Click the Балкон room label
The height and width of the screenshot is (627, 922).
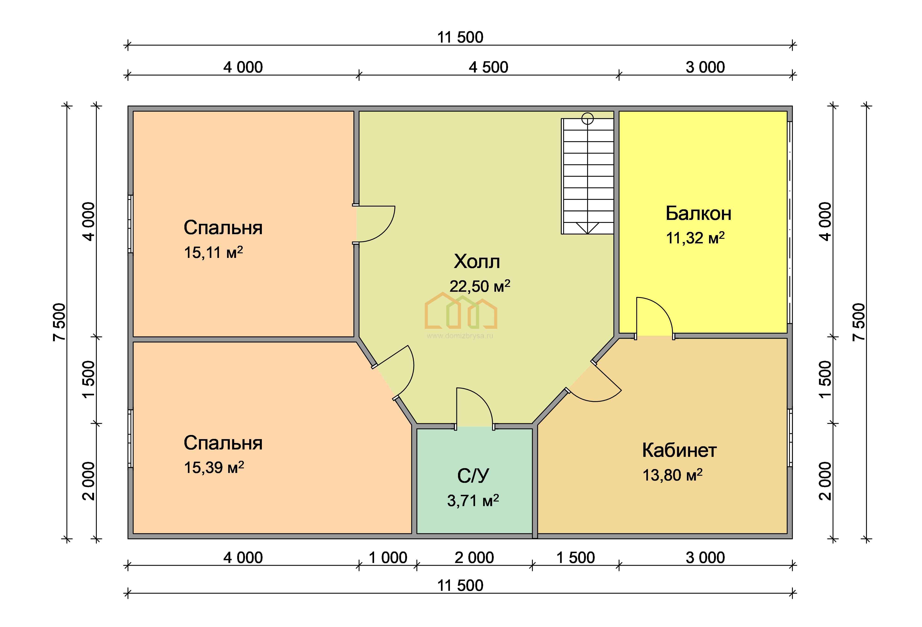[x=698, y=214]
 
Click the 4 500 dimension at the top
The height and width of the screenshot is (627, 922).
[x=488, y=67]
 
